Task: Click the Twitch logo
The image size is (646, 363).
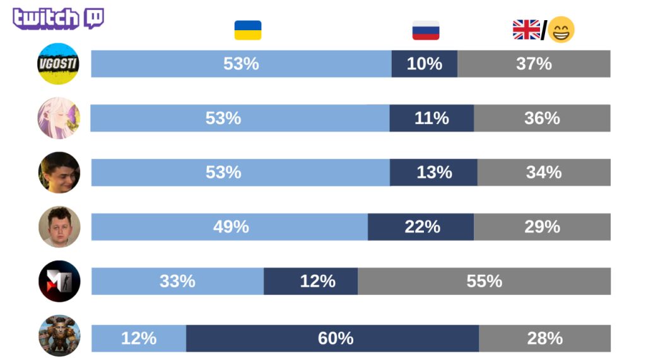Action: click(x=58, y=18)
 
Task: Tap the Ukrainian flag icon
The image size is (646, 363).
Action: click(x=247, y=30)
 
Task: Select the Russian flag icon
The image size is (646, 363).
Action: click(x=426, y=30)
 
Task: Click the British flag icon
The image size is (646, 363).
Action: click(x=526, y=30)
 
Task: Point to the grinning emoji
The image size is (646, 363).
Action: click(x=561, y=30)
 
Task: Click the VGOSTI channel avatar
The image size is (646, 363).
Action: click(x=58, y=64)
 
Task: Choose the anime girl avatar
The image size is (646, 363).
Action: click(x=59, y=118)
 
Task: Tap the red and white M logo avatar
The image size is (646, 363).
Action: click(x=59, y=281)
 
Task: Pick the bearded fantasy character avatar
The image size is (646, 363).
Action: click(x=59, y=336)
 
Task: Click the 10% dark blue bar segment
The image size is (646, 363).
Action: click(x=425, y=64)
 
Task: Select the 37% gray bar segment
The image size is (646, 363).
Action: click(x=534, y=64)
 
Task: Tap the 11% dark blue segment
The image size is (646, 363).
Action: click(x=432, y=118)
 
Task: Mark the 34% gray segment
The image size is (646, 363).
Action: click(x=544, y=173)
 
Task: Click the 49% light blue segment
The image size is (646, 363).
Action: click(x=230, y=227)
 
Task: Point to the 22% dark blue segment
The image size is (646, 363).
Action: click(x=421, y=227)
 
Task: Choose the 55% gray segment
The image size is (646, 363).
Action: click(x=484, y=281)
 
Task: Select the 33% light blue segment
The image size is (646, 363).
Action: click(x=177, y=281)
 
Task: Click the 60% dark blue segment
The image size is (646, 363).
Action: click(x=332, y=338)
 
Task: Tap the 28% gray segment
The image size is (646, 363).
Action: click(x=544, y=338)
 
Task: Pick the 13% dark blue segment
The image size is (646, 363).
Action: click(x=433, y=173)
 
